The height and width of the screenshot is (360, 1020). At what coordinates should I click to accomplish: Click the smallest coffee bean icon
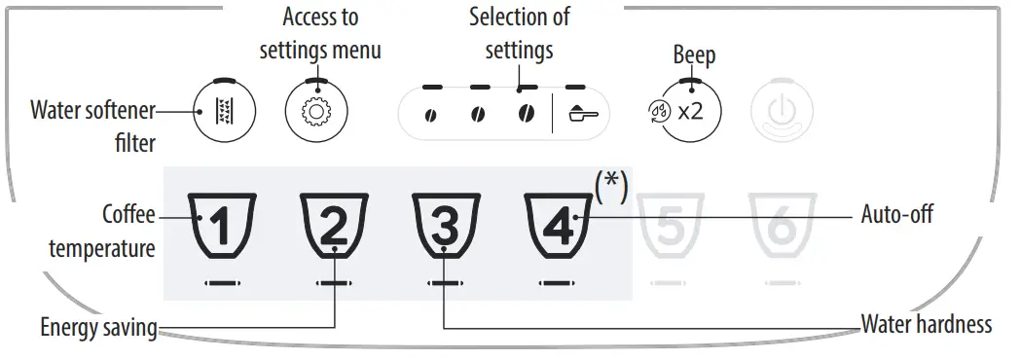(429, 114)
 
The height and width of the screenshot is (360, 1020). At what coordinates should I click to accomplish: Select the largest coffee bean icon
(525, 113)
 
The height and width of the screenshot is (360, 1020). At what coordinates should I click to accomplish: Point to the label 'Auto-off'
(897, 214)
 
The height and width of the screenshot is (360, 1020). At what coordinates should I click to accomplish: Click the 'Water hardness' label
(927, 324)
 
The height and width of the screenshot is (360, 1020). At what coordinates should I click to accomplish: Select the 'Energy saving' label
(98, 328)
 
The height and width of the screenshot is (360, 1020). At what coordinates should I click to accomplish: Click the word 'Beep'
(694, 54)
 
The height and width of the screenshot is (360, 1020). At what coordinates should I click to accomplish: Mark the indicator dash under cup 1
(221, 283)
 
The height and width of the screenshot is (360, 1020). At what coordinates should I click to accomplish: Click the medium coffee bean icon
(477, 114)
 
